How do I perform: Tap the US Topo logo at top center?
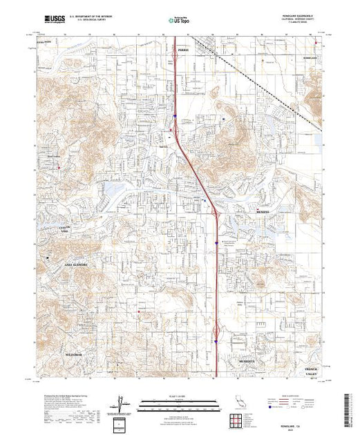(179, 21)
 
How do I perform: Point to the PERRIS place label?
(182, 50)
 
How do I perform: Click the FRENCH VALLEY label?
(314, 371)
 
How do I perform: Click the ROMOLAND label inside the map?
(308, 58)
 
